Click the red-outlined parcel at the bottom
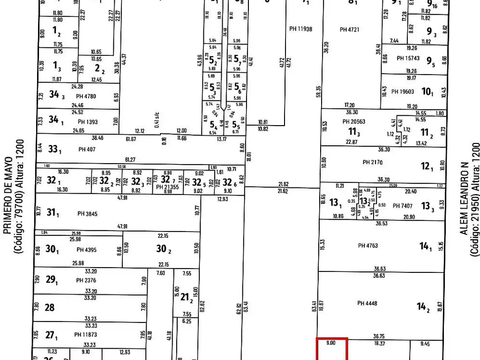[332, 350]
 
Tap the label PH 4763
[367, 246]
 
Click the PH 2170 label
[373, 163]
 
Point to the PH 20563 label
[353, 121]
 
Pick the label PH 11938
[301, 29]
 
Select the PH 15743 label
[408, 58]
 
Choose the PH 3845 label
[87, 214]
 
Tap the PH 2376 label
[86, 281]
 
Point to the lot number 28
[50, 307]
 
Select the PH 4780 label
[86, 96]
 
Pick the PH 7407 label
[403, 206]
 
